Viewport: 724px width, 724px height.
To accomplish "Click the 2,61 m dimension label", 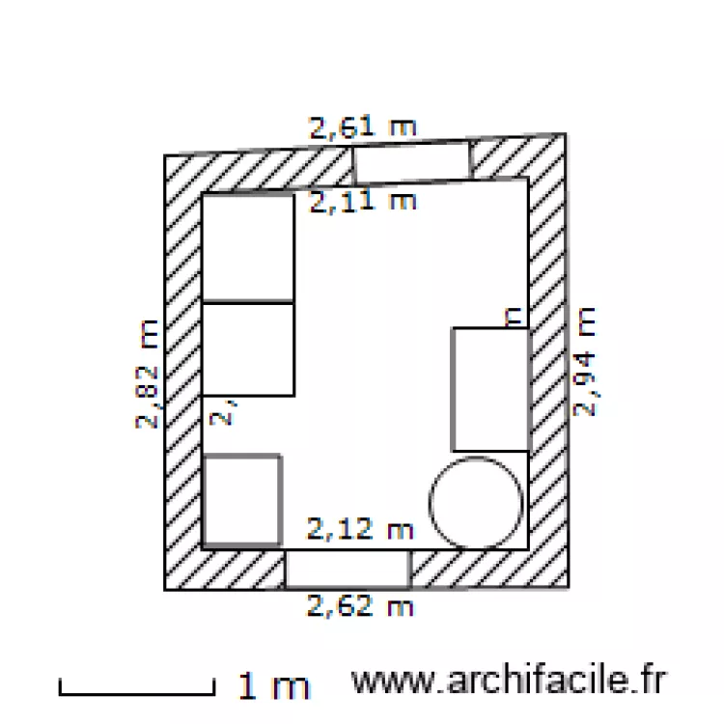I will (362, 126).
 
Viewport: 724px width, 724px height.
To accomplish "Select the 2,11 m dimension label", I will (362, 202).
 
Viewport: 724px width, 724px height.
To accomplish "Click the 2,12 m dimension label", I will (360, 529).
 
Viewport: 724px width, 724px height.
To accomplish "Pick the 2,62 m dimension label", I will (360, 606).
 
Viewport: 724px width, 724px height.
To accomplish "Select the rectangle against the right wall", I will (489, 389).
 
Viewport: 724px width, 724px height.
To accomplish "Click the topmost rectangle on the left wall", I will (247, 249).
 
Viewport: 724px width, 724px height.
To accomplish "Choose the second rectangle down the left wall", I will (247, 348).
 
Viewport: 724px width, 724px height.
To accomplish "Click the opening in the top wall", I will (411, 162).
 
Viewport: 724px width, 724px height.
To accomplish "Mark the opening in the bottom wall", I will (348, 569).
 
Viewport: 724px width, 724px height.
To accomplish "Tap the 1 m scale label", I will (274, 686).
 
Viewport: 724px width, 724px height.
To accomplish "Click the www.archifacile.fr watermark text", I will (509, 681).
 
